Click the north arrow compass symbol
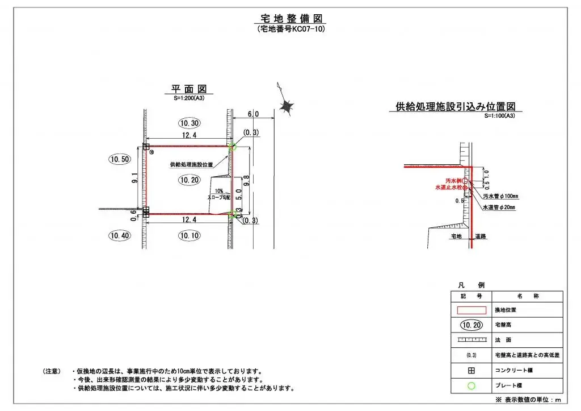(x=287, y=106)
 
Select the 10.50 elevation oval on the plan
(x=119, y=159)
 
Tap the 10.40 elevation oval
(x=119, y=235)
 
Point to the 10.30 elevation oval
(x=188, y=123)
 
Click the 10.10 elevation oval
(x=188, y=235)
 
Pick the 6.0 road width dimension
(x=253, y=114)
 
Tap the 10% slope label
(x=219, y=191)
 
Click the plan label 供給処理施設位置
(x=191, y=165)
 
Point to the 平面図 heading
(x=189, y=89)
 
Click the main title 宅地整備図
(x=290, y=18)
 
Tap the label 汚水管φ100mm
(x=500, y=196)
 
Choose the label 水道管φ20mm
(x=499, y=208)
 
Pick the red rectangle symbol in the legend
(x=471, y=310)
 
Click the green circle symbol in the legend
(x=471, y=385)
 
